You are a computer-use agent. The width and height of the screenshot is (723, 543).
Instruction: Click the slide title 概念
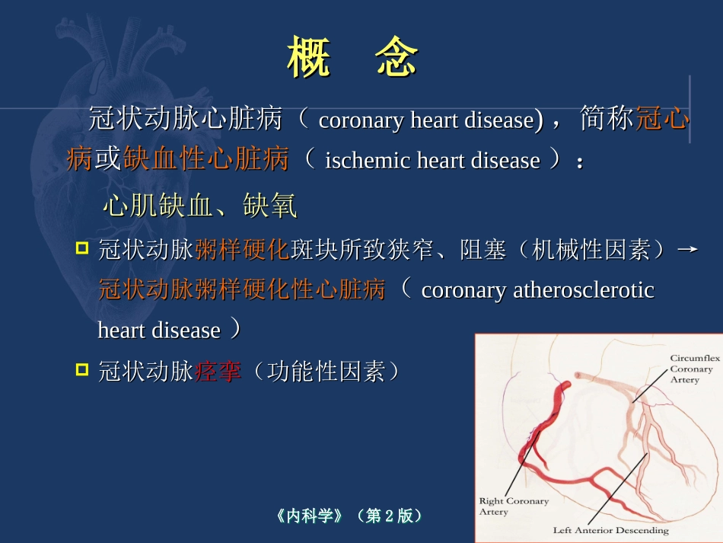point(352,58)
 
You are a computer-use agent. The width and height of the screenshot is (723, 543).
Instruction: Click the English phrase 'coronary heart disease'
point(425,120)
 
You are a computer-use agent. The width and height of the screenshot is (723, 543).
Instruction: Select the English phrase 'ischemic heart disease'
point(432,161)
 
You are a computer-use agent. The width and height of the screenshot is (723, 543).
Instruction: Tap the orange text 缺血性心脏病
point(205,160)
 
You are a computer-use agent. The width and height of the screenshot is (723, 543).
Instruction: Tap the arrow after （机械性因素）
point(687,249)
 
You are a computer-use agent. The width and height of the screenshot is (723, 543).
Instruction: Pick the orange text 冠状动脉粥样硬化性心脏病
point(242,290)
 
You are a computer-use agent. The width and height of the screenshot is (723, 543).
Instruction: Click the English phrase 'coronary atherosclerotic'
point(537,290)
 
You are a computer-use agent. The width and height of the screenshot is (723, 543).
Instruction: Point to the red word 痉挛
point(218,372)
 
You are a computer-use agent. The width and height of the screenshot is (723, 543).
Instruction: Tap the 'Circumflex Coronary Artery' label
point(691,369)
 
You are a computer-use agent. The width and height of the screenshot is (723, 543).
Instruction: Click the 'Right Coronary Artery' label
point(513,506)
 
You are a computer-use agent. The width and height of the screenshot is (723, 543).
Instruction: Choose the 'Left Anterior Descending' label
point(610,530)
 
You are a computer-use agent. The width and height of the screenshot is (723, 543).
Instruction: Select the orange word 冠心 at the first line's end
point(662,120)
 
